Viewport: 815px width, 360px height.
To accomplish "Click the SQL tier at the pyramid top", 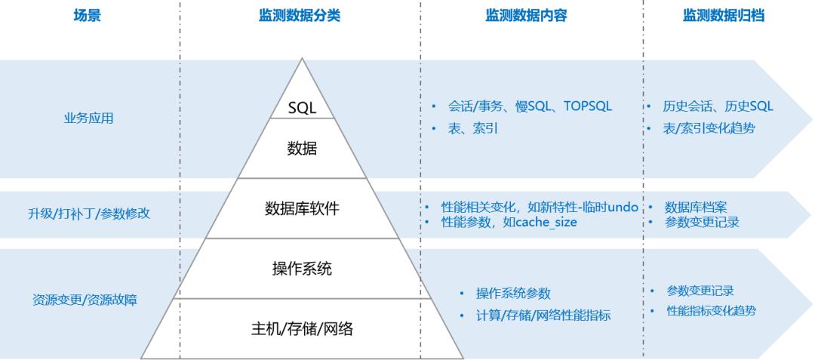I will (302, 108).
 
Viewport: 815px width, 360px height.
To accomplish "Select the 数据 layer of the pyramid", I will (302, 149).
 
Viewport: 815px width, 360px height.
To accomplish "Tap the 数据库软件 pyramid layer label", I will (302, 208).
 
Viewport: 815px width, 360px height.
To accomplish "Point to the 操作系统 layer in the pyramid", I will (302, 269).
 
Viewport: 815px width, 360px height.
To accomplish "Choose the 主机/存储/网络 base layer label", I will (302, 329).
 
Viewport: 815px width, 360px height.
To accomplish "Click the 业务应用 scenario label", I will (89, 118).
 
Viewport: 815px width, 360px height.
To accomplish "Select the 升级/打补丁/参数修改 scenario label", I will (89, 214).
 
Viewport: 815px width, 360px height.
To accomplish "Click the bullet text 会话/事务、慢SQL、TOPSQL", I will (530, 106).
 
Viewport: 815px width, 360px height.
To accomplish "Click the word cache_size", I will (546, 222).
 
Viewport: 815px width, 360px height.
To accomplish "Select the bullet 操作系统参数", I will (513, 294).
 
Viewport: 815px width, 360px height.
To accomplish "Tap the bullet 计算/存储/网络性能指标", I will (543, 315).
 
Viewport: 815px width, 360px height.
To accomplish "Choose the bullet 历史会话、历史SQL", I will (718, 106).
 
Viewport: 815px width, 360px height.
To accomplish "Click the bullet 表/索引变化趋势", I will (709, 128).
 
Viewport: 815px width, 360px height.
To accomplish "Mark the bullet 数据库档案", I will (696, 207).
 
